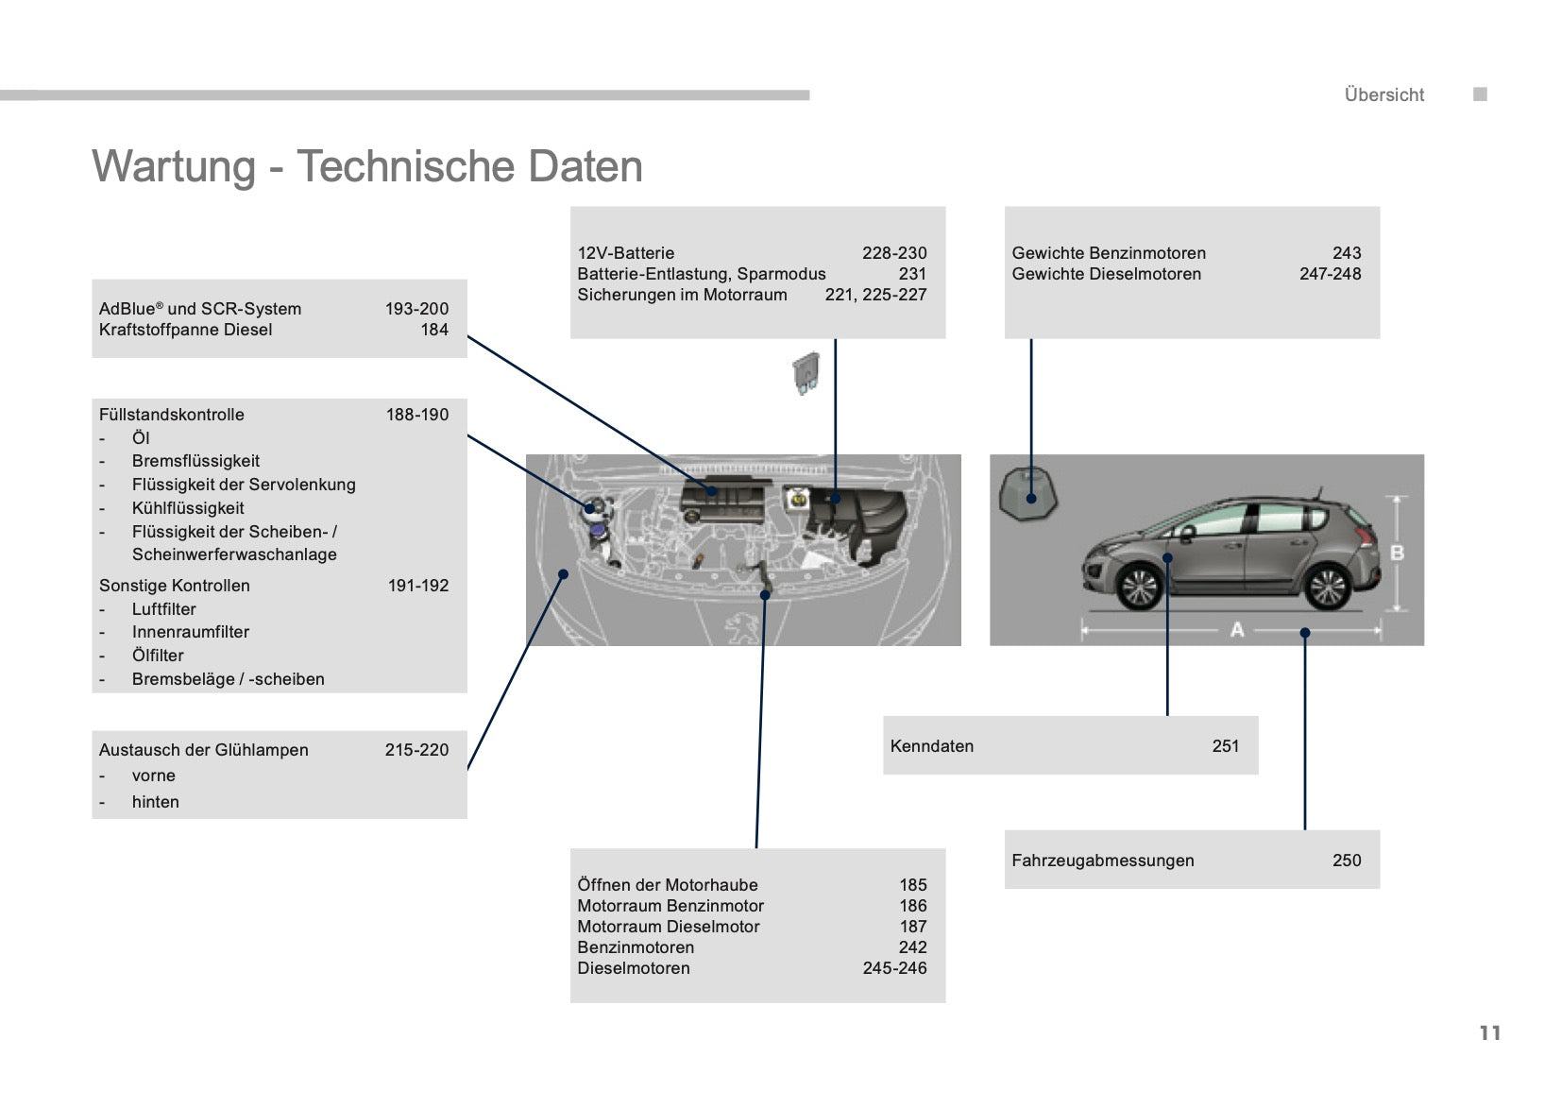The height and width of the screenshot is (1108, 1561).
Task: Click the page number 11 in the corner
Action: (x=1490, y=1032)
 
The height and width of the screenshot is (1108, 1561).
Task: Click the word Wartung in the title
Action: (x=174, y=167)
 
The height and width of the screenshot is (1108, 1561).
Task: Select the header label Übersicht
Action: (x=1384, y=94)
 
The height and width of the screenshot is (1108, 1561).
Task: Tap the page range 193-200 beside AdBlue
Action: (x=416, y=309)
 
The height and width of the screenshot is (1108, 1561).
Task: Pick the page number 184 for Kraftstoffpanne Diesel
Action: (x=434, y=330)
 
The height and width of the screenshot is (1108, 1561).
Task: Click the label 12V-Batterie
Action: (x=626, y=253)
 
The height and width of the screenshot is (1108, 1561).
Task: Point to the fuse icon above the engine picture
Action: (x=806, y=373)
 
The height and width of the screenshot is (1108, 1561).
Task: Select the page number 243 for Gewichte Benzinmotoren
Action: (x=1347, y=253)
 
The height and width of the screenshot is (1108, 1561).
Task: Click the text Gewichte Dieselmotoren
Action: (x=1107, y=274)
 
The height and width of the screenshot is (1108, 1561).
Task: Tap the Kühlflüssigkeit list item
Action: (x=188, y=508)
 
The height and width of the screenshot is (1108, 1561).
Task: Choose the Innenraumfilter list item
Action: (x=190, y=632)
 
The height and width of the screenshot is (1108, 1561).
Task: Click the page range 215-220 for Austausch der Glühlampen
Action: (x=416, y=750)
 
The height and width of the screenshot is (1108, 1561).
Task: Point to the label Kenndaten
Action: (x=932, y=746)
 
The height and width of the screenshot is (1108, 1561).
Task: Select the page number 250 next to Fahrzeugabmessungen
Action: (x=1347, y=861)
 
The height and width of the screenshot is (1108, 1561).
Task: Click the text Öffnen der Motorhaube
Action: (x=668, y=885)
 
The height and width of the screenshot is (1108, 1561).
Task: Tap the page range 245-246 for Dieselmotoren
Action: (x=895, y=968)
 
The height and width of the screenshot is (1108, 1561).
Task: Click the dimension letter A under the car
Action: (x=1237, y=630)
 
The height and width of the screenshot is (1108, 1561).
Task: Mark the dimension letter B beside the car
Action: (x=1397, y=554)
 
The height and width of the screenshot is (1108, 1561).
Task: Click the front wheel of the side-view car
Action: (x=1140, y=588)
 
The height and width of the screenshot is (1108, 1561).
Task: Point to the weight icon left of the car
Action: (x=1027, y=493)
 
